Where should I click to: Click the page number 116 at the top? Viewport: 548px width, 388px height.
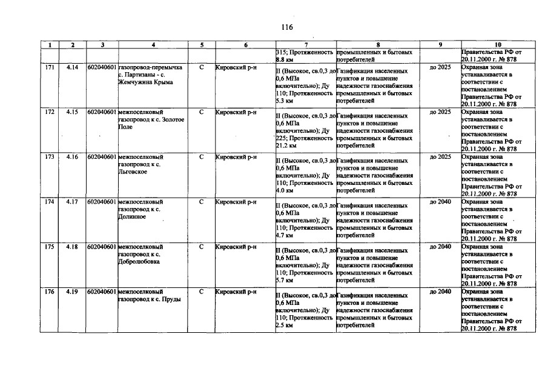tap(286, 27)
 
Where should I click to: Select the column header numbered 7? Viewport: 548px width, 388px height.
tap(305, 45)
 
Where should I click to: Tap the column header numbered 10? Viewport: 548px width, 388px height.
tap(498, 45)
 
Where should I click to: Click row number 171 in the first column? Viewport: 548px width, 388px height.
tap(50, 67)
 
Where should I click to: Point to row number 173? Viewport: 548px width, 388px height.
tap(50, 157)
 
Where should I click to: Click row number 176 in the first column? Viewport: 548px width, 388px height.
tap(50, 292)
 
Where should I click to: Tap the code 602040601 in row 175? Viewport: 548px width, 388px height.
tap(102, 247)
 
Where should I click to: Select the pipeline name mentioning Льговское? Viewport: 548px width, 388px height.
tap(141, 164)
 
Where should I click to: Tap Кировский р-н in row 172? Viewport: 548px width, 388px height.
tap(236, 112)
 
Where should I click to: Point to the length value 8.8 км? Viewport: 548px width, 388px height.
tap(284, 60)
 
